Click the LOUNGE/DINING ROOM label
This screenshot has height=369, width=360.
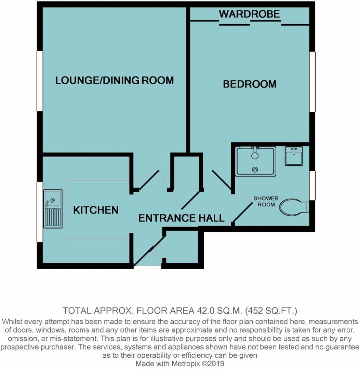(x=115, y=80)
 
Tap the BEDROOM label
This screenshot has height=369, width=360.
(x=250, y=84)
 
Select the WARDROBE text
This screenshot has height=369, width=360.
(x=249, y=14)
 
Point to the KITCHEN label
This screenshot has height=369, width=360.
(x=96, y=210)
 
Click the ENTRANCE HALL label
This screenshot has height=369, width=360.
(x=181, y=218)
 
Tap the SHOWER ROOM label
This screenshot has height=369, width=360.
(x=266, y=202)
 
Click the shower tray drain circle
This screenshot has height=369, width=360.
(x=255, y=170)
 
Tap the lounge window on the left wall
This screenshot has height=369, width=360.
(x=40, y=81)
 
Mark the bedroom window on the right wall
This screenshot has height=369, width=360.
(x=312, y=81)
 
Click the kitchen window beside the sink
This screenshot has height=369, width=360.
(x=40, y=212)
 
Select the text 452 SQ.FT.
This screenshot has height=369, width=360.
(x=272, y=310)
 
